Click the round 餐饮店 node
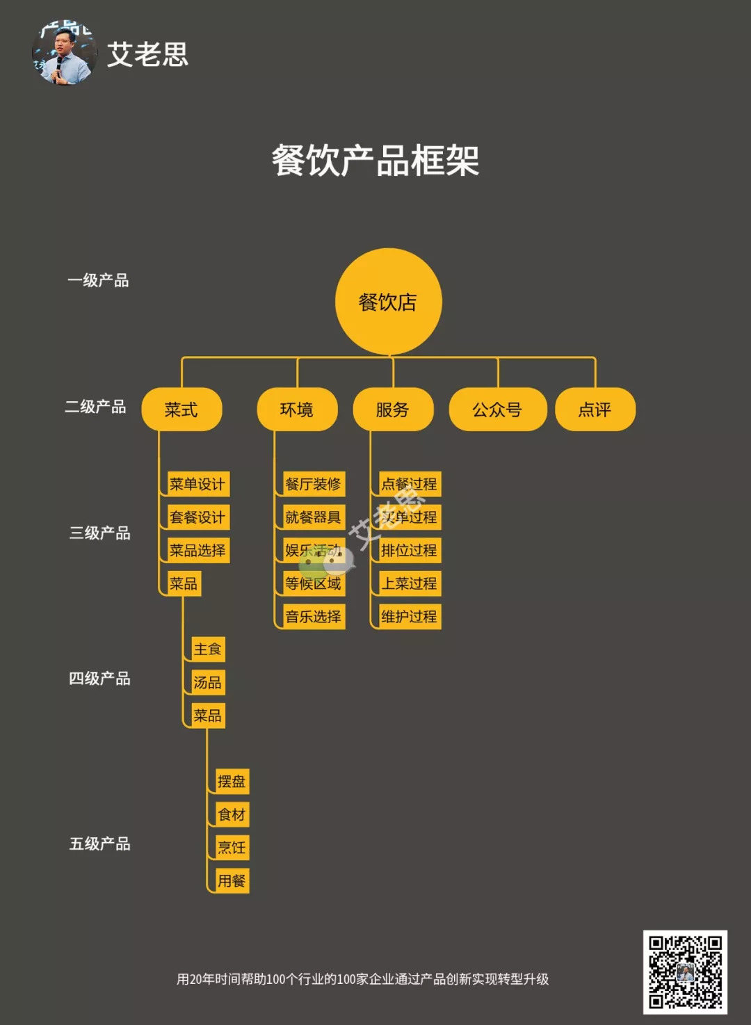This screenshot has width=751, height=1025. coord(388,301)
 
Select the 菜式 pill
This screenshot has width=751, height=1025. coord(181,410)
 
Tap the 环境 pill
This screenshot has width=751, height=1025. coord(297,410)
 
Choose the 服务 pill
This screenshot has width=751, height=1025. coord(393,410)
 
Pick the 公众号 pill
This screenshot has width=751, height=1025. coord(497,410)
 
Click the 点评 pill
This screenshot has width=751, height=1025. coord(595,410)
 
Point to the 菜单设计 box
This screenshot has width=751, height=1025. coord(198,484)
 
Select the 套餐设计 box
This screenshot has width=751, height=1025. coord(198,517)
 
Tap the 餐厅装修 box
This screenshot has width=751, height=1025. coord(314,484)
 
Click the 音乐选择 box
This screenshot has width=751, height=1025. coord(314,617)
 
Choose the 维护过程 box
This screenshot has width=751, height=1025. coord(410,617)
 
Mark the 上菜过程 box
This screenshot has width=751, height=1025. coord(410,583)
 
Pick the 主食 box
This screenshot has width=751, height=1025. coord(208,649)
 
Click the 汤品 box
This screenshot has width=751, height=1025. coord(208,683)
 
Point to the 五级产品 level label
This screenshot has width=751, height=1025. coord(100,844)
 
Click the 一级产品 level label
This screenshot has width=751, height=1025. coord(98,280)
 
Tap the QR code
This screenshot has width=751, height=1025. coord(685,972)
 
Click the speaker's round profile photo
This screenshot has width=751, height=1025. coord(65,53)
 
